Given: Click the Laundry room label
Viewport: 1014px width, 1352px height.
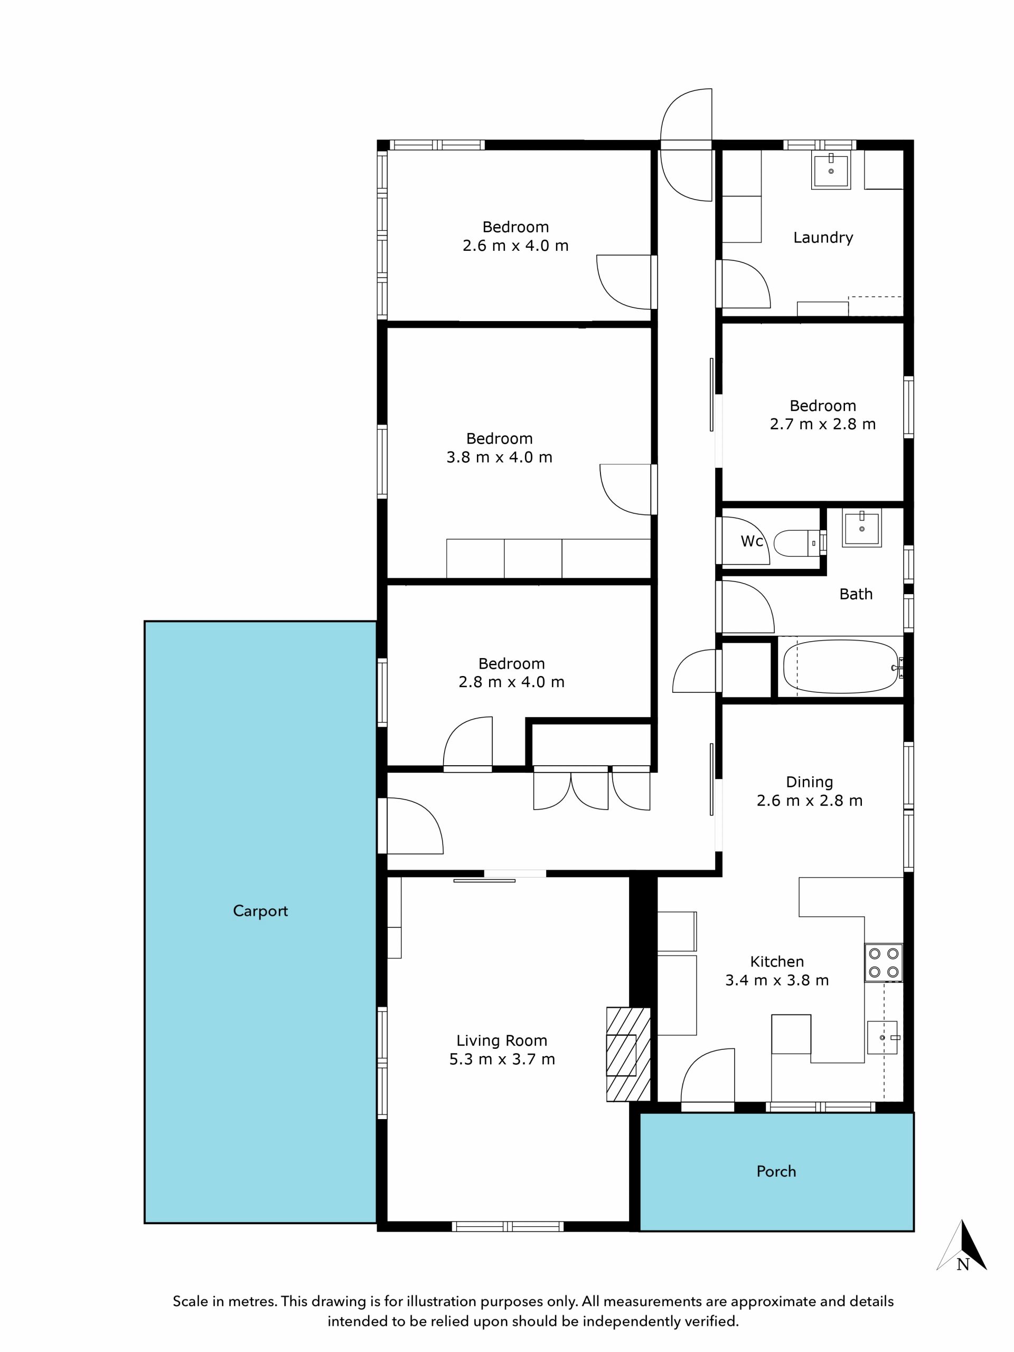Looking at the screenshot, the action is coord(823,237).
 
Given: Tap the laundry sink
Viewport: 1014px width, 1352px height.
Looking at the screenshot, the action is coord(831,171).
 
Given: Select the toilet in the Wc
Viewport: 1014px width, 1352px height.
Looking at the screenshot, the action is coord(798,543).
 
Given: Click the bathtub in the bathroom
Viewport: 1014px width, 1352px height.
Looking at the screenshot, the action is coord(842,667).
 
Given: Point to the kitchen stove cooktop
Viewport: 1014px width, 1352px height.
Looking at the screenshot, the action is coord(883,963).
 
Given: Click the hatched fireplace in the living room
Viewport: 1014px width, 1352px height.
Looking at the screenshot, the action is coord(628,1054).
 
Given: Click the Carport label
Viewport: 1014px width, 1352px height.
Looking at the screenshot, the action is coord(260,912).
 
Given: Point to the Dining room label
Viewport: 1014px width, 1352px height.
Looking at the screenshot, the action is coord(809,782).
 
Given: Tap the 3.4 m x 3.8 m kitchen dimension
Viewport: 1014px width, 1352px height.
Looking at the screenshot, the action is coord(777,980).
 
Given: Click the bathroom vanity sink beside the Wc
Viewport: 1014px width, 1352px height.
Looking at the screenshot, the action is coord(862,528).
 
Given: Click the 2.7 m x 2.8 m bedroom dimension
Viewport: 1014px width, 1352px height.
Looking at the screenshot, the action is coord(823,424).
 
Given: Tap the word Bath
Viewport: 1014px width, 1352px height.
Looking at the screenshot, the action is coord(856,594).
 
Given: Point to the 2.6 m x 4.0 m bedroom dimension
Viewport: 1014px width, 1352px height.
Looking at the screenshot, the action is coord(515,246).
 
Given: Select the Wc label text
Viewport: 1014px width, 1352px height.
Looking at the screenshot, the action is coord(752,541).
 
